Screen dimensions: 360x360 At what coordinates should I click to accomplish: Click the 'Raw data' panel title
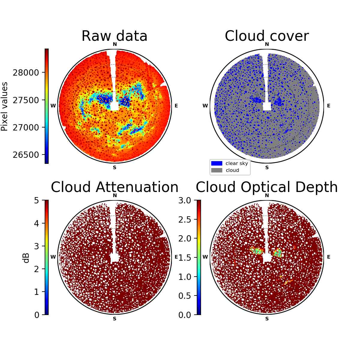[114, 36]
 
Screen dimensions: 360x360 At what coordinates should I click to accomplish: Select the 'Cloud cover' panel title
[267, 36]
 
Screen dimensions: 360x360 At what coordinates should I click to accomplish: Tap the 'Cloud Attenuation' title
[115, 187]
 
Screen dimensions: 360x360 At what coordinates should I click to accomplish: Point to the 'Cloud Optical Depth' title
[267, 187]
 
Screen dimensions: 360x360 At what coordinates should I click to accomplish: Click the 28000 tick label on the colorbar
[26, 73]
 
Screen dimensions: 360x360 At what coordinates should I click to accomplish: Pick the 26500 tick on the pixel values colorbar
[26, 155]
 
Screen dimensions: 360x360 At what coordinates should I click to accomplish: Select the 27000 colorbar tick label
[26, 127]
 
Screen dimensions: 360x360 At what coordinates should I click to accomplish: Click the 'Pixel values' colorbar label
[4, 106]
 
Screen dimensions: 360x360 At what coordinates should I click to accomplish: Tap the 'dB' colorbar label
[26, 258]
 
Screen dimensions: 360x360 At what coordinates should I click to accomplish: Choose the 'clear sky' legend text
[237, 163]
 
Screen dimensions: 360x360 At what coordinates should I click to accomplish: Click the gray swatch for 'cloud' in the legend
[217, 170]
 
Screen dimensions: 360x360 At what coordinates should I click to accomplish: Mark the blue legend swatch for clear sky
[217, 163]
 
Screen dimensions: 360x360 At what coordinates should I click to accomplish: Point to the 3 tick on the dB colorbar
[37, 246]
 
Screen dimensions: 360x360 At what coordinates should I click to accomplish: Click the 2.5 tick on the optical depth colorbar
[185, 220]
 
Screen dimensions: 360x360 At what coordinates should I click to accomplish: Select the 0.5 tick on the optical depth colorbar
[185, 296]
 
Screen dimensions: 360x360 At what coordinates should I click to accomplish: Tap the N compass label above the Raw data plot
[115, 44]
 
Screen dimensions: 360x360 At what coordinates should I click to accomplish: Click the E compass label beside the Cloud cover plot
[328, 106]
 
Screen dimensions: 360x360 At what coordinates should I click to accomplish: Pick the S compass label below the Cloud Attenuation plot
[115, 319]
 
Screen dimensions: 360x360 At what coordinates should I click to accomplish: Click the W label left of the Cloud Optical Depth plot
[205, 257]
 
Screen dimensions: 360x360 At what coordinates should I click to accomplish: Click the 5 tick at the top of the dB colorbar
[37, 200]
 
